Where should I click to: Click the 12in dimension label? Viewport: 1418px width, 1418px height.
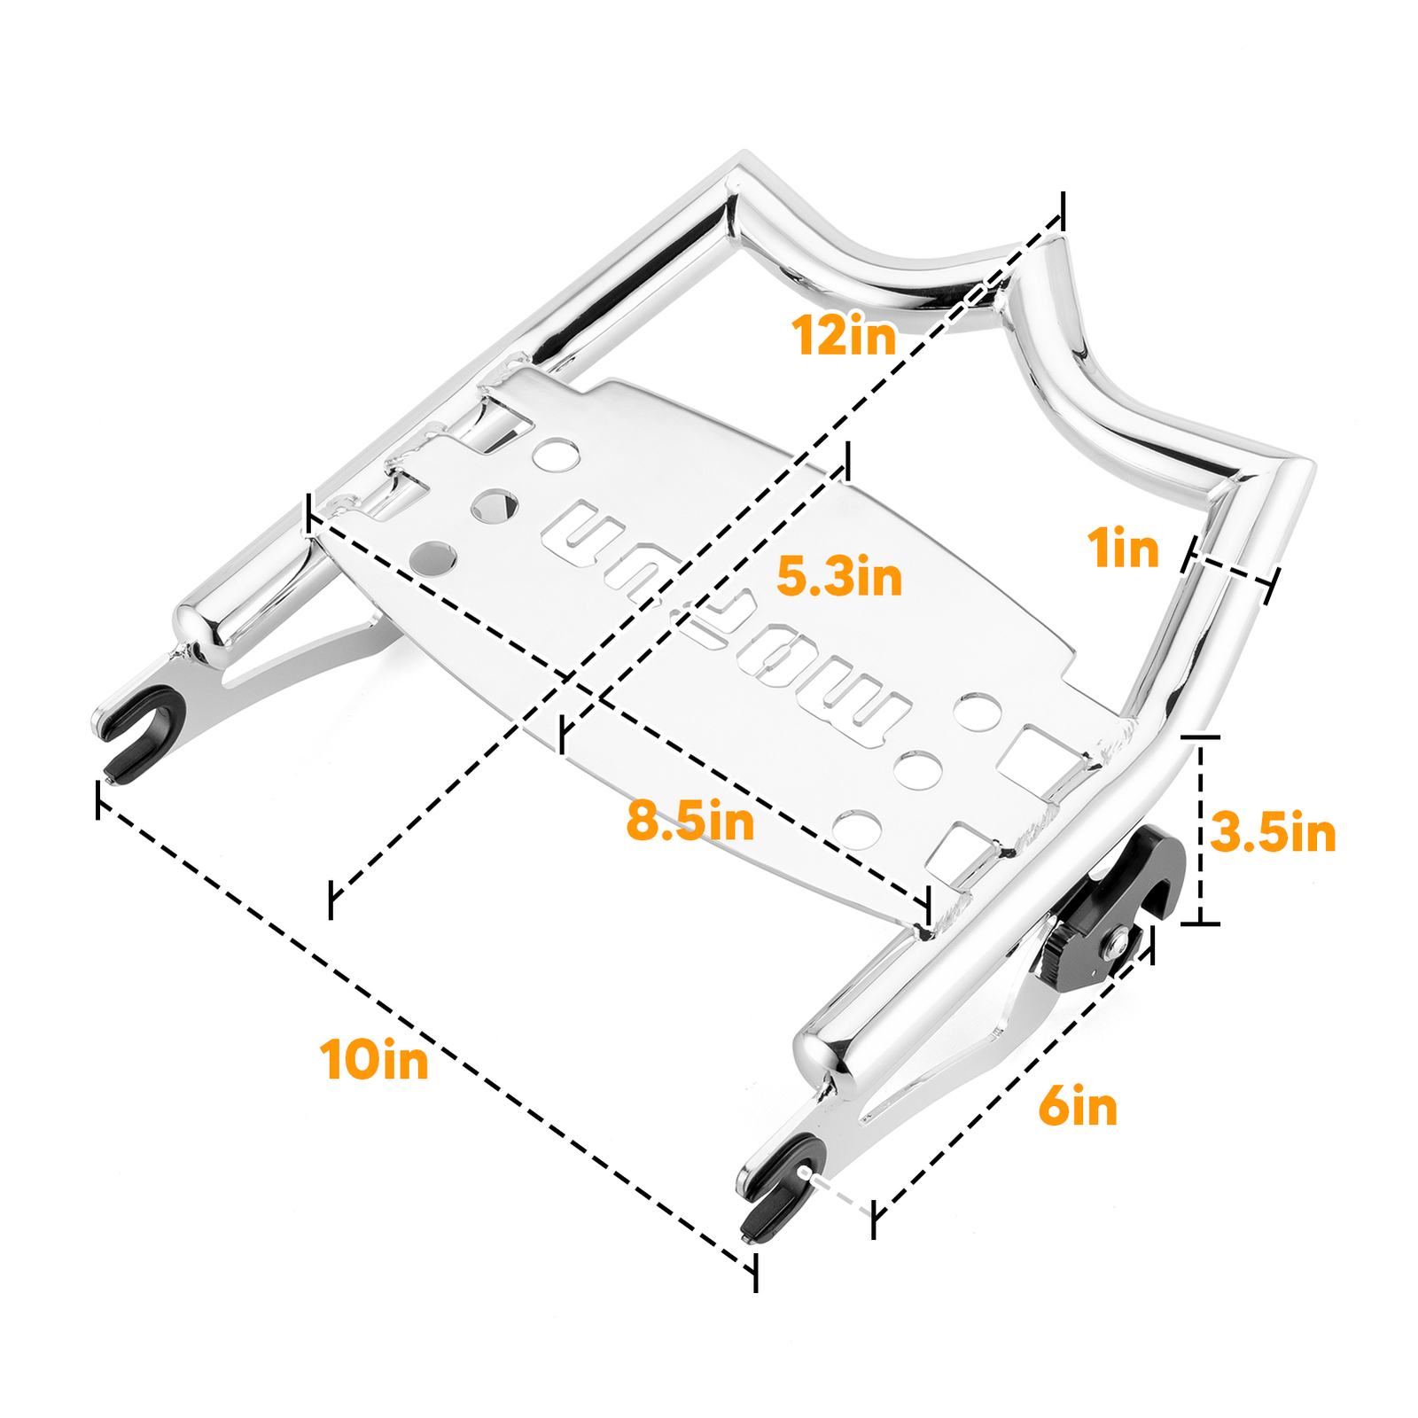844,336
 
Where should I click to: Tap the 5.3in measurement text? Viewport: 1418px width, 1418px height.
838,577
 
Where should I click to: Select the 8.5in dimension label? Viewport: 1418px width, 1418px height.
690,821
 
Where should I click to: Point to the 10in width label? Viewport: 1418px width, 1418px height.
374,1059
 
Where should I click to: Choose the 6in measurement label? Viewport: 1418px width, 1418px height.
1078,1107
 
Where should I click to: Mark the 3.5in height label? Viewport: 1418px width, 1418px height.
1273,833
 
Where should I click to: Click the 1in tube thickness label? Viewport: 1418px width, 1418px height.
1123,548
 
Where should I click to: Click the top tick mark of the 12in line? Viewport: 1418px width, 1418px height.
1063,213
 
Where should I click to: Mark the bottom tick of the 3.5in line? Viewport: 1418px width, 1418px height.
1201,923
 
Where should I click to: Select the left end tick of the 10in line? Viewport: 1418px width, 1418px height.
97,800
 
